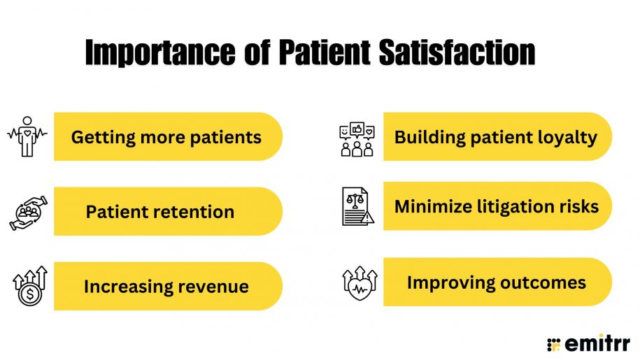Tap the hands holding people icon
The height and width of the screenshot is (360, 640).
pyautogui.click(x=27, y=212)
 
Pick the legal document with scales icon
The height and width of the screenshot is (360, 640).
pyautogui.click(x=357, y=206)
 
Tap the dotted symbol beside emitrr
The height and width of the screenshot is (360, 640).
pyautogui.click(x=554, y=343)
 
